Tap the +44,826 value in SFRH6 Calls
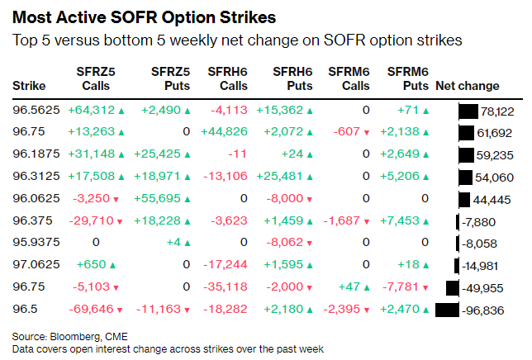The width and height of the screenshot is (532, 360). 224,132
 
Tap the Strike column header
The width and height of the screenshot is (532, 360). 29,86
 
